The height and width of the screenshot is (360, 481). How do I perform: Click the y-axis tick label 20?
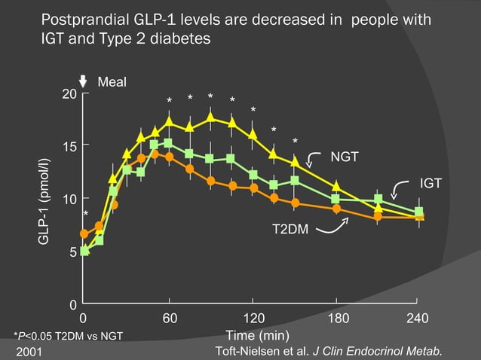click(x=69, y=94)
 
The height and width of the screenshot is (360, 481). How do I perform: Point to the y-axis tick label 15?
click(x=69, y=145)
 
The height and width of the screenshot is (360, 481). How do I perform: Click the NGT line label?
click(x=345, y=156)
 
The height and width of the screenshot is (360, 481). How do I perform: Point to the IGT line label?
click(x=430, y=183)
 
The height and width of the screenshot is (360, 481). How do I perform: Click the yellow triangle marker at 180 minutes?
click(x=336, y=185)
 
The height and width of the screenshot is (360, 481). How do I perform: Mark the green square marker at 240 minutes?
click(x=419, y=212)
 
